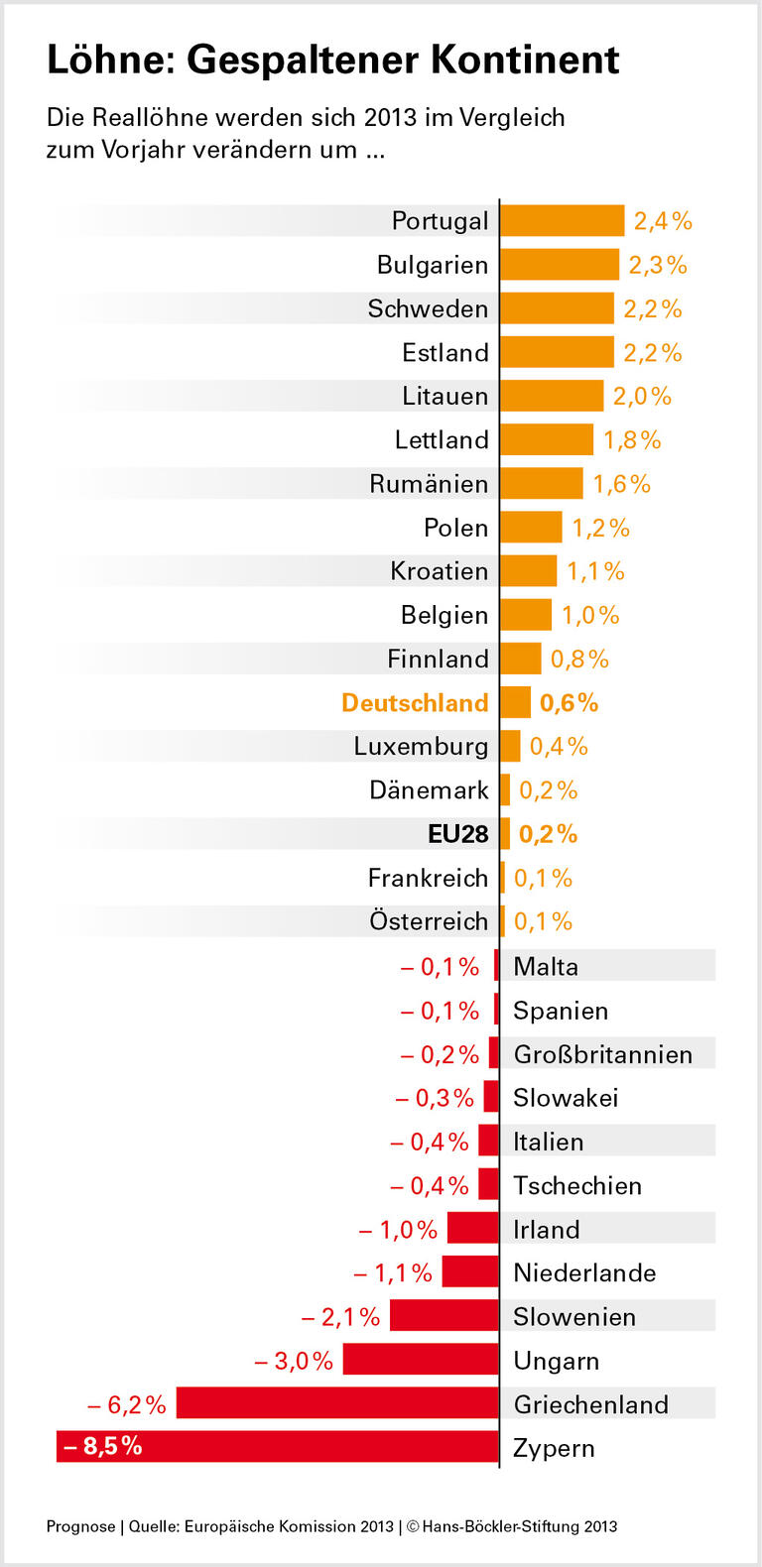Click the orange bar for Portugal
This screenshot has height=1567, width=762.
(x=562, y=220)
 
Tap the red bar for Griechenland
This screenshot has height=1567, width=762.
(x=337, y=1402)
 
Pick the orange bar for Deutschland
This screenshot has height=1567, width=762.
(x=515, y=702)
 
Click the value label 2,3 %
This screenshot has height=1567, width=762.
(x=658, y=265)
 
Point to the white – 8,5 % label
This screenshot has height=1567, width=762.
(x=103, y=1446)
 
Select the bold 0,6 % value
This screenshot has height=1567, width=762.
(x=569, y=703)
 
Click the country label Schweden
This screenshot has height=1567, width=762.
(x=428, y=308)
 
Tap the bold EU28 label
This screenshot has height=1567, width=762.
(x=457, y=834)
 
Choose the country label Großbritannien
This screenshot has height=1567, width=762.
(x=602, y=1054)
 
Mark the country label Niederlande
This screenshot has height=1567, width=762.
(x=584, y=1272)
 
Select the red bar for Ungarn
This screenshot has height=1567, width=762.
(x=421, y=1359)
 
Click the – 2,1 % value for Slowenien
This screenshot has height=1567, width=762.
(x=340, y=1317)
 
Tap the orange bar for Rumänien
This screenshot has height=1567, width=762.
(x=541, y=483)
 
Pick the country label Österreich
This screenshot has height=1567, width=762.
(x=429, y=921)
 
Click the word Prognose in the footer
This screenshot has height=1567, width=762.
(x=80, y=1526)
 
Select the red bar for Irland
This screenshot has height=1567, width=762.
(x=473, y=1228)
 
